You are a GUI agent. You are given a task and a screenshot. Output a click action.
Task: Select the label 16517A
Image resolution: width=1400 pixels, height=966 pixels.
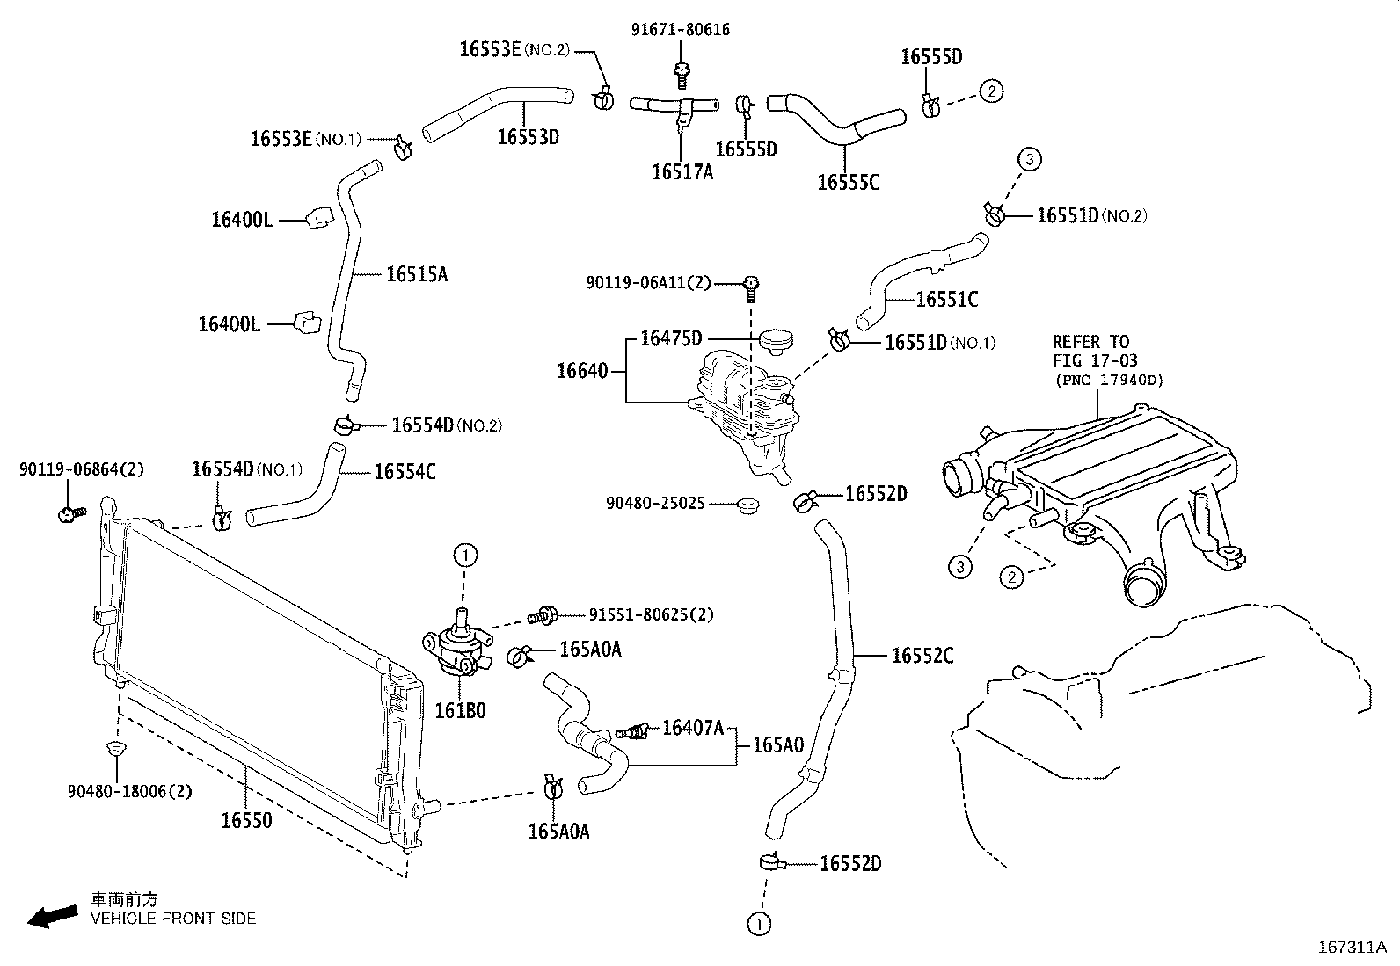[682, 172]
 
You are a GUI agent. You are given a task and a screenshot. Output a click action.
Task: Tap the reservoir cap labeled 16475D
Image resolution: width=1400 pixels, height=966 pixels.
[776, 339]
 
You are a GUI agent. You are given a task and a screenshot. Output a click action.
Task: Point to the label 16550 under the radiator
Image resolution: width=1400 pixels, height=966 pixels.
[246, 820]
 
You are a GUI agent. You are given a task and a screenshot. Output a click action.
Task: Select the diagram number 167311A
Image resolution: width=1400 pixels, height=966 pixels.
[1352, 947]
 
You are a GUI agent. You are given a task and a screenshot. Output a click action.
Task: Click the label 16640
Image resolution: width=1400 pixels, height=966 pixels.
[581, 371]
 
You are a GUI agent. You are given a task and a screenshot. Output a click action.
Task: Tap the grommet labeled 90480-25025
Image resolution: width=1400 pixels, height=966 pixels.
[749, 506]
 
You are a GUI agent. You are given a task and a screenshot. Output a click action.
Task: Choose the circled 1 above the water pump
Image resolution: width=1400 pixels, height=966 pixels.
[464, 555]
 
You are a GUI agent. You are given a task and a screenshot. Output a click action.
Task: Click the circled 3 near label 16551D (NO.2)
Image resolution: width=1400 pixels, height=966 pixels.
[1030, 159]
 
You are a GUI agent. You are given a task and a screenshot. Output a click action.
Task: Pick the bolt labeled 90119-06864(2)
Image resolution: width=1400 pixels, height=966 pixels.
[69, 513]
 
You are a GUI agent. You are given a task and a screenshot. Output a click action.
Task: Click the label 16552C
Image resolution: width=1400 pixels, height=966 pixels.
[922, 656]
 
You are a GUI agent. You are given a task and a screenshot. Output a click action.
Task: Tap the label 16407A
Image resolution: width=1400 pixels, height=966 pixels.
[692, 727]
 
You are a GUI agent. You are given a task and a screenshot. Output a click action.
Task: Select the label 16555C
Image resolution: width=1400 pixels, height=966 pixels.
[847, 182]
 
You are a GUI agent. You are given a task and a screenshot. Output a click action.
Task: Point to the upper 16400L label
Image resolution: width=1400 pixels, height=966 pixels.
[242, 220]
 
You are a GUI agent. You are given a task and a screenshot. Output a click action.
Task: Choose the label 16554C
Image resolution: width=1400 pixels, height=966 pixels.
[405, 472]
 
